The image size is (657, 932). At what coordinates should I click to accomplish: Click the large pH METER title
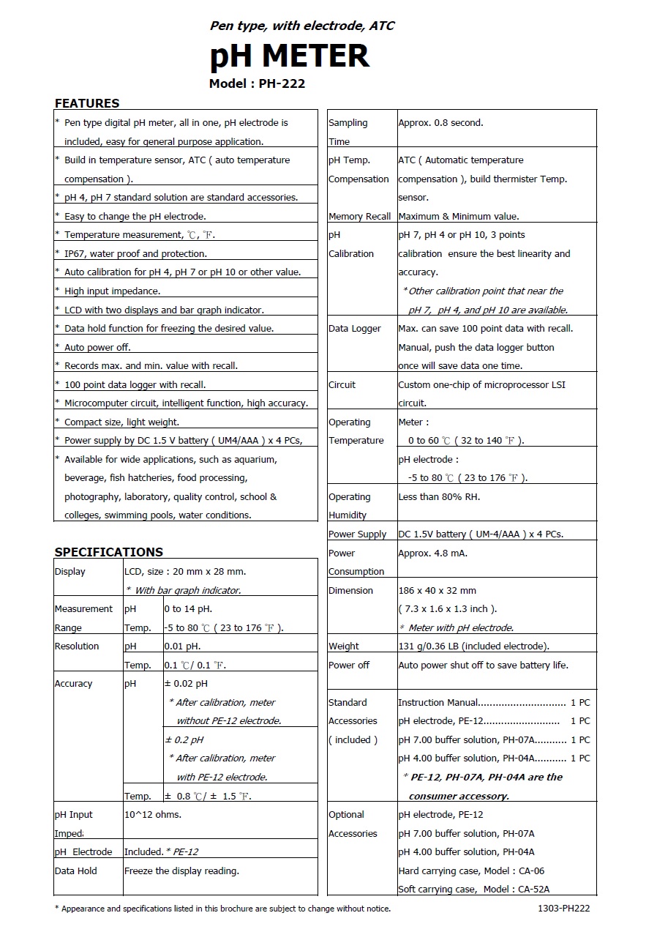click(x=289, y=56)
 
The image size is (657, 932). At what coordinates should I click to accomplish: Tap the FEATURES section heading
click(x=87, y=103)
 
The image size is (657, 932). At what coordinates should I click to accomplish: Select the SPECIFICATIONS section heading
click(x=109, y=552)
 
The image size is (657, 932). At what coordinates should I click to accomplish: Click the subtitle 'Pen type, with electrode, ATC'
click(x=302, y=26)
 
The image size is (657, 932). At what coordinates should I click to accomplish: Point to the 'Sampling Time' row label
click(x=348, y=132)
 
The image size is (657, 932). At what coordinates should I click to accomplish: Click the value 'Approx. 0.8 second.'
click(x=440, y=123)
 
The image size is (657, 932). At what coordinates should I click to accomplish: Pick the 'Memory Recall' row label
click(x=359, y=217)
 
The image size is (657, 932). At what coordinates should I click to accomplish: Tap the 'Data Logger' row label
click(x=355, y=329)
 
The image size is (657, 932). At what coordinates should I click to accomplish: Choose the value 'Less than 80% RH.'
click(x=439, y=497)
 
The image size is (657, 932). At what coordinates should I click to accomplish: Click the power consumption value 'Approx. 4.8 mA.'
click(x=432, y=553)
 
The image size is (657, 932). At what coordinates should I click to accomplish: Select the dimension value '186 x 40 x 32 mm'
click(x=437, y=591)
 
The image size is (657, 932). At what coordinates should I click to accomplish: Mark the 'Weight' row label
click(x=344, y=646)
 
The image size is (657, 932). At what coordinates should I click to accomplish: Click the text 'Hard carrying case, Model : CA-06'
click(x=471, y=871)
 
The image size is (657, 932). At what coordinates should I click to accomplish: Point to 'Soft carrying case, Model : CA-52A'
click(x=473, y=890)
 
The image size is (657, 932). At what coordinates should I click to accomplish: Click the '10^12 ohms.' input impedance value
click(x=153, y=815)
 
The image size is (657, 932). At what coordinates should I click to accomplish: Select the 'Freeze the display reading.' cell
click(x=182, y=871)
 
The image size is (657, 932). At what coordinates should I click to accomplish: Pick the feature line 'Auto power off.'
click(x=97, y=347)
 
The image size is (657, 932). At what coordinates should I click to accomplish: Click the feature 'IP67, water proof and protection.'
click(x=135, y=254)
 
